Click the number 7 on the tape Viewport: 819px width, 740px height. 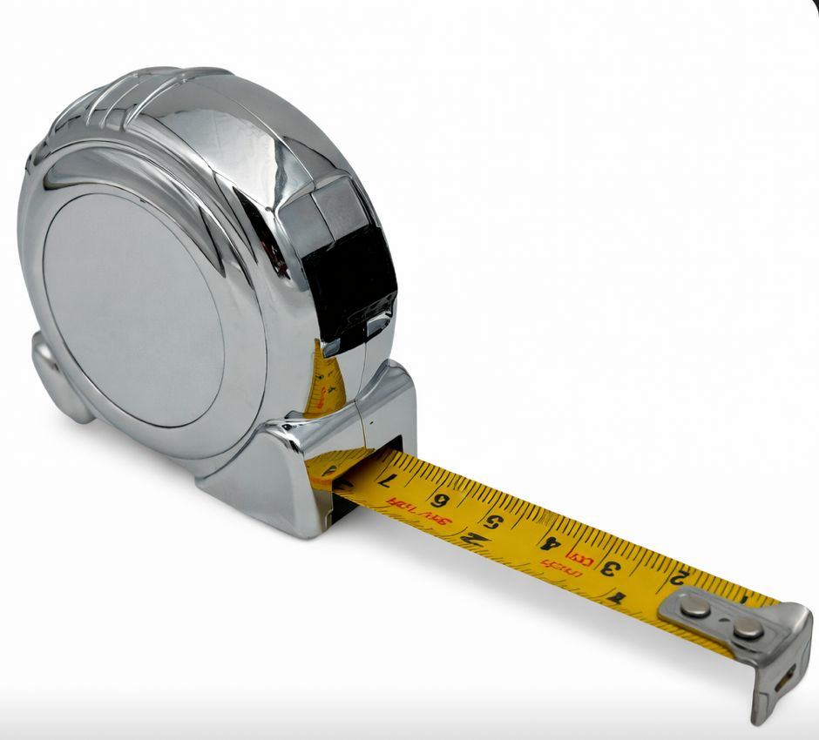389,480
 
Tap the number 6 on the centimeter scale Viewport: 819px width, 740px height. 441,500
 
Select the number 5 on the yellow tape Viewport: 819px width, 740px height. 495,522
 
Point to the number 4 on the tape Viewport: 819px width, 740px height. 549,544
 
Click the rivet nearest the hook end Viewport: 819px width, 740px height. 746,629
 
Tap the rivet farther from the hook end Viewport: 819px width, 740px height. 694,607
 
